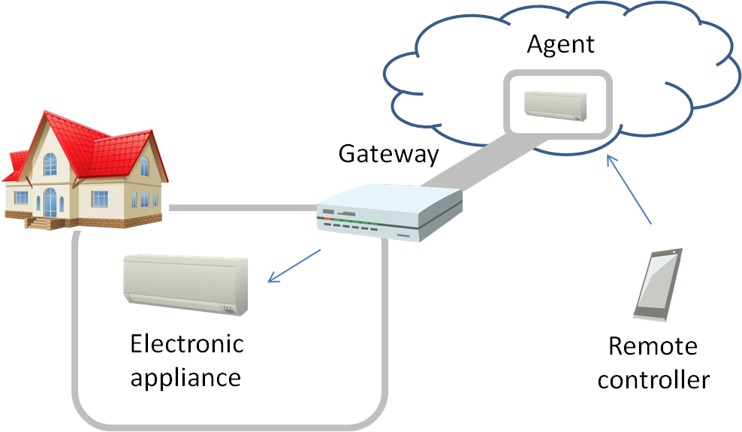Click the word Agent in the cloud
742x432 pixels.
(560, 44)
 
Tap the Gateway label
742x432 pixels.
(388, 154)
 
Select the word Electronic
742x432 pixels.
(187, 344)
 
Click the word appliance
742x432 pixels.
(185, 376)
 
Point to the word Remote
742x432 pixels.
(652, 346)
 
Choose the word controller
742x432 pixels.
(653, 379)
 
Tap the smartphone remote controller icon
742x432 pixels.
(658, 284)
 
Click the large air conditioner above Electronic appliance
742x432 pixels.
(185, 281)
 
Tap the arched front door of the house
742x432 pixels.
(50, 202)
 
